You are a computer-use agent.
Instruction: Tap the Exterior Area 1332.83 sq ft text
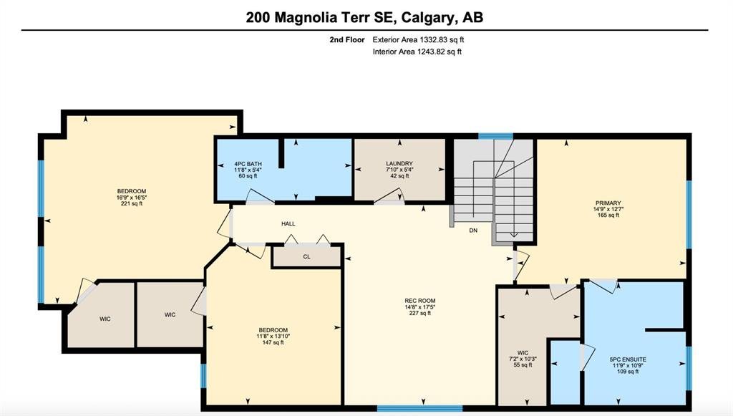tap(418, 39)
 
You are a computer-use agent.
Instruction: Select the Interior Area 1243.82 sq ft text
tap(417, 52)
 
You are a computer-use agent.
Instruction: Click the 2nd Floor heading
tap(347, 39)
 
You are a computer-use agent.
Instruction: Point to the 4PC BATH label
tap(248, 164)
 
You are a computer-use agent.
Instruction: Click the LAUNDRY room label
tap(399, 164)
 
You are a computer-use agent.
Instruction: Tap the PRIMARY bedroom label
tap(608, 203)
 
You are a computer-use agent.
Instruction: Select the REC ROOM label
tap(419, 301)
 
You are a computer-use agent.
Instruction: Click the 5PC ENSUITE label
tap(628, 359)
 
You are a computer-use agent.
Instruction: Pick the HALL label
tap(288, 224)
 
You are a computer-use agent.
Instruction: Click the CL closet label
tap(306, 256)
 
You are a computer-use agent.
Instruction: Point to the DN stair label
tap(474, 231)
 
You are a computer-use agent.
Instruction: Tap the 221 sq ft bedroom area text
tap(132, 203)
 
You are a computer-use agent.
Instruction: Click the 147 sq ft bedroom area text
tap(273, 342)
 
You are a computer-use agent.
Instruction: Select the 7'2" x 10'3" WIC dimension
tap(523, 359)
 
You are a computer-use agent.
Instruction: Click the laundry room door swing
tap(389, 197)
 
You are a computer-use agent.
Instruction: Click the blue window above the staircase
tap(495, 136)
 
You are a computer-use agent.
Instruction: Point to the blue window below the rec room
tap(419, 409)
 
